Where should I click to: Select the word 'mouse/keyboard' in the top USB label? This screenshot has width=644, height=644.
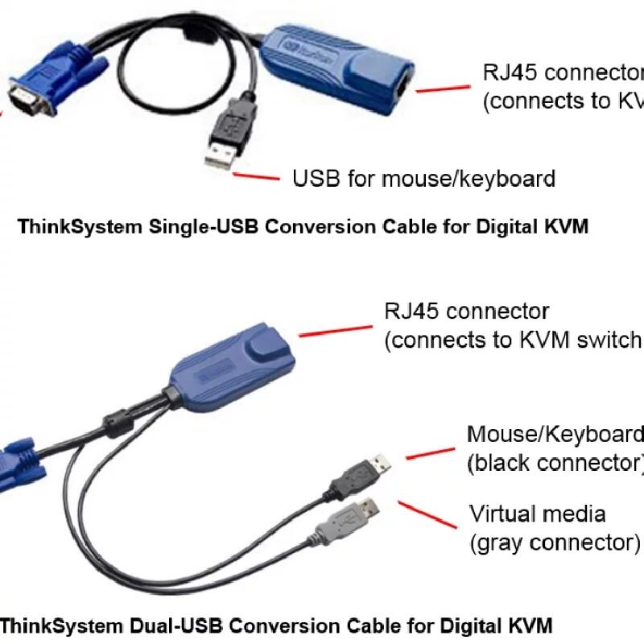[x=468, y=178]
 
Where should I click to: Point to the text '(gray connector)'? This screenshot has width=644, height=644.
[x=555, y=542]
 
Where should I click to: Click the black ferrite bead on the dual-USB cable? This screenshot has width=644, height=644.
[x=116, y=423]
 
